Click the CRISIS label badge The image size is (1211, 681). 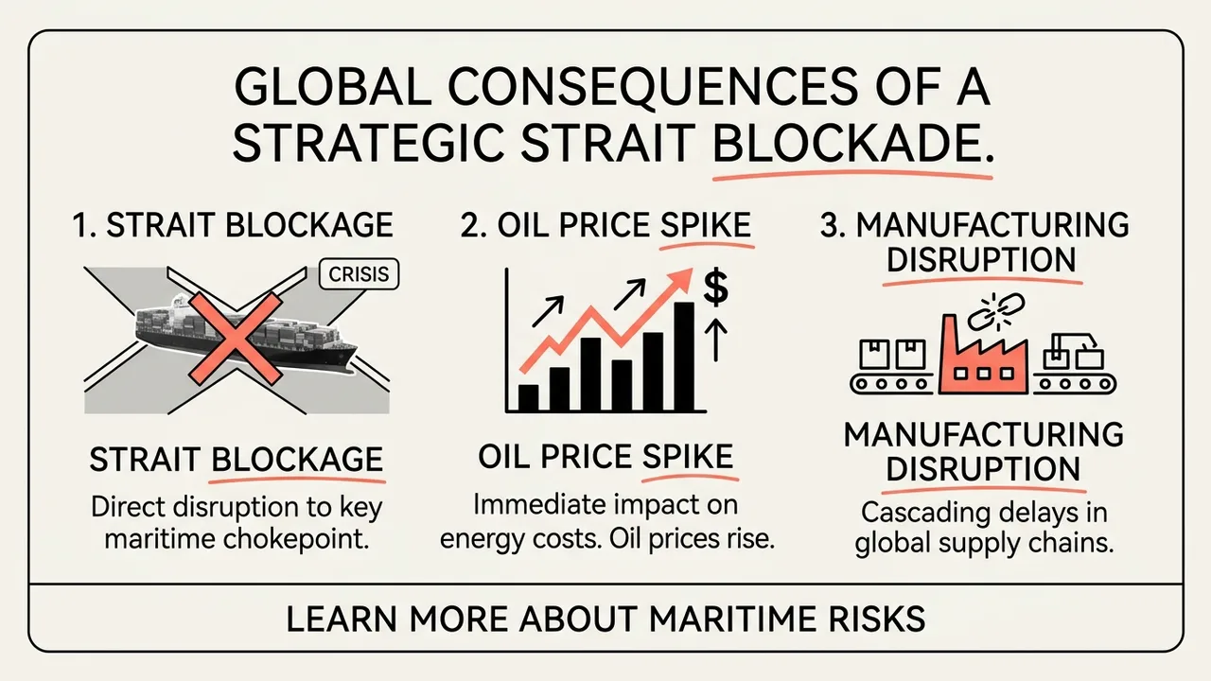click(360, 274)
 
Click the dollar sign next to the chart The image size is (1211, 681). click(716, 288)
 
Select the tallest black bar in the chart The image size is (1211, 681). click(684, 357)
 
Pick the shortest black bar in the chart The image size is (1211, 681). click(528, 398)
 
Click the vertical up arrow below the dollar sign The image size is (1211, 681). click(716, 340)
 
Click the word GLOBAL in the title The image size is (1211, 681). click(332, 87)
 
